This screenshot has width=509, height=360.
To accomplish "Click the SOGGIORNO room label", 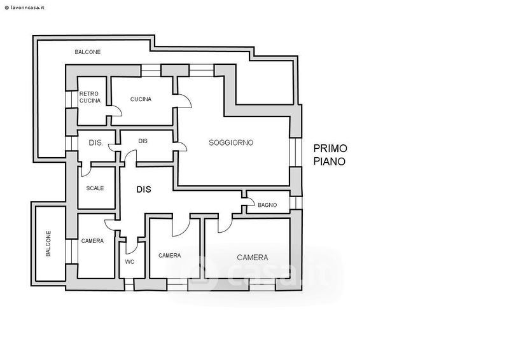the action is [231, 142].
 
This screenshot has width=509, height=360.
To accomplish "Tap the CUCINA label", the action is [141, 99].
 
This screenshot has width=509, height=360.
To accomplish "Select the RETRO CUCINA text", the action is [90, 97].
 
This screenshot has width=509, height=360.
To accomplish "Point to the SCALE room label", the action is [95, 188].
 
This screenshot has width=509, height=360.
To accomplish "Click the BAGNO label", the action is [267, 205].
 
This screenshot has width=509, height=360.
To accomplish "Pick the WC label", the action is [130, 261].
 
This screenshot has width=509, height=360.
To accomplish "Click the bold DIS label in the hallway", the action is [144, 190].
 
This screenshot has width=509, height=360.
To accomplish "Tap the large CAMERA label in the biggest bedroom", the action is [252, 258].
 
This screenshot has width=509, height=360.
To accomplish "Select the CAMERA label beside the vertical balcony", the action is [92, 241].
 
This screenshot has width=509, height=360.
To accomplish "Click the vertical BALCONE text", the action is [48, 244].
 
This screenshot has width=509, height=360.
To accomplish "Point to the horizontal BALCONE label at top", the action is [88, 52].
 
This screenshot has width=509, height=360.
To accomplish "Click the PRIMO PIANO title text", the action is [330, 155].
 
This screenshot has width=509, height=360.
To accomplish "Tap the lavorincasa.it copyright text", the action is [25, 8].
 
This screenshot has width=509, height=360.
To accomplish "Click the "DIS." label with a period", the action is [96, 142].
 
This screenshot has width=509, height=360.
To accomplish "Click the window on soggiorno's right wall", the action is [295, 152].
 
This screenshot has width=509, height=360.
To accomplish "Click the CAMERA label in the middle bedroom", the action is [169, 256].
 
